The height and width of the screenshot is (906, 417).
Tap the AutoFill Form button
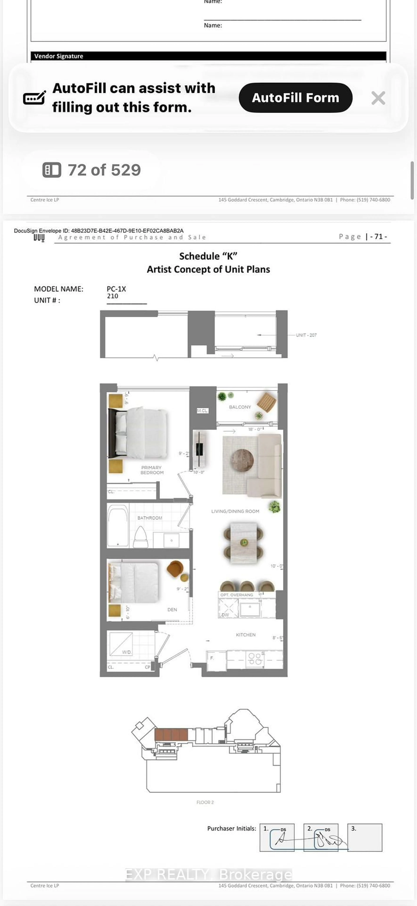[295, 98]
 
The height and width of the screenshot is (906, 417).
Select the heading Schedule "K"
[208, 256]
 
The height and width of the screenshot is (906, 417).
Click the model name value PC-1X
[116, 289]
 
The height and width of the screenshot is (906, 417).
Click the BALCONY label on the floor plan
[240, 407]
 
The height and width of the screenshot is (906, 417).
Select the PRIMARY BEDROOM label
[152, 470]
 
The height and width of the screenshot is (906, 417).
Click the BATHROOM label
[150, 518]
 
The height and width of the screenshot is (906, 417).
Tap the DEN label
[172, 610]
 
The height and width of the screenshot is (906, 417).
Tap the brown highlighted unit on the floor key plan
[171, 735]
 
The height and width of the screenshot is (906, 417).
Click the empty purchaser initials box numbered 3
[365, 838]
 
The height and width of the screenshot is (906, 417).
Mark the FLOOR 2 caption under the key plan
[205, 802]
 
